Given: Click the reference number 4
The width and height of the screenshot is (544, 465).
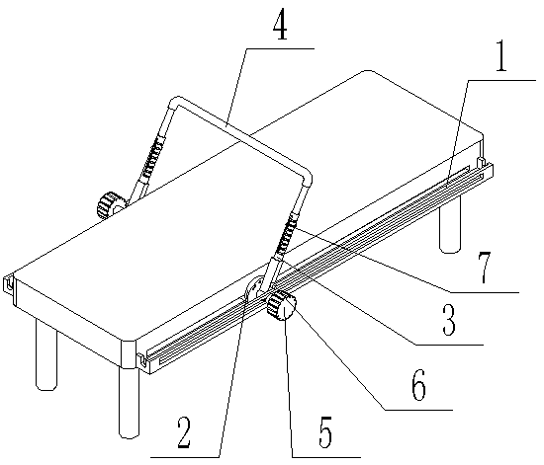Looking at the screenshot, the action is [x=280, y=28].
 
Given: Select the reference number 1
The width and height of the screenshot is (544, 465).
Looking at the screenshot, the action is [x=499, y=56].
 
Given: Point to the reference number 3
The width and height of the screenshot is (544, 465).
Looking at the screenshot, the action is [x=449, y=321].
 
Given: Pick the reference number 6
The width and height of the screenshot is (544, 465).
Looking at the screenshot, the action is [x=419, y=387].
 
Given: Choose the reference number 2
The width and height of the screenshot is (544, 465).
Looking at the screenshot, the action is [x=183, y=432].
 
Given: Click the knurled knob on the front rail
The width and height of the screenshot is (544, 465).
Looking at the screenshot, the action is [x=281, y=306].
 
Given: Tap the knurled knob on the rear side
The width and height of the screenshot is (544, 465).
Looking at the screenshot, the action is [x=111, y=205].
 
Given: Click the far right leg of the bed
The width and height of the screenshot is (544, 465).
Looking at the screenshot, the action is [x=450, y=224].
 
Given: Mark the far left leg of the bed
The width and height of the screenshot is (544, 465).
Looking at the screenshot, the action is [x=46, y=353].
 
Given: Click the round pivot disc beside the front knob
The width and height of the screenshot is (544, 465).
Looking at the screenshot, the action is [x=255, y=287].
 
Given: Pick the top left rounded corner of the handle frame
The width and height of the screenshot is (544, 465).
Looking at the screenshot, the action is [x=175, y=101].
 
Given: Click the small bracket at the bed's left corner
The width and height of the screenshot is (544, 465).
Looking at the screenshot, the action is [x=9, y=283].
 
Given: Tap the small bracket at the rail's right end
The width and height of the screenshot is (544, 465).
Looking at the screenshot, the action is [x=482, y=162].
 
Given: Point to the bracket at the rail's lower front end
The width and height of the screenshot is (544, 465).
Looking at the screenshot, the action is [x=141, y=360].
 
